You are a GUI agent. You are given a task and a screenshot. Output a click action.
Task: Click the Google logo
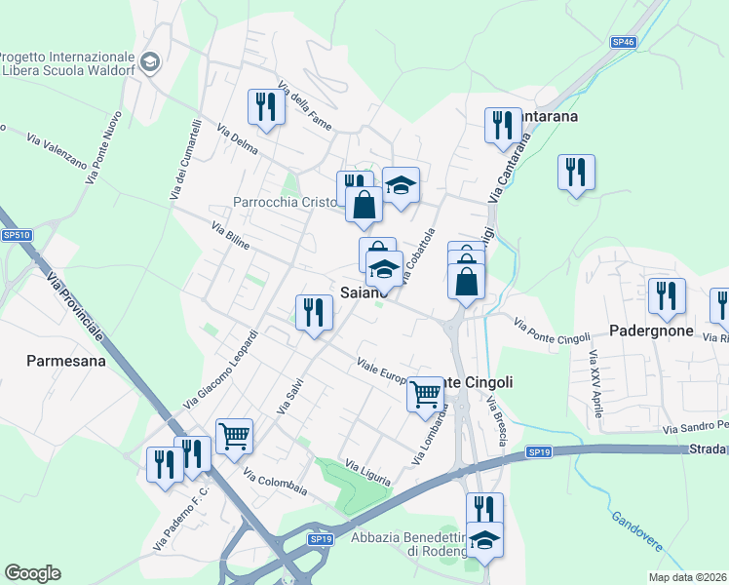click(32, 573)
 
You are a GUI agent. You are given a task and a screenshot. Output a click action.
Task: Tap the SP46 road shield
click(624, 42)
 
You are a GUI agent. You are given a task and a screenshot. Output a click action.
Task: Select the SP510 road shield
click(17, 235)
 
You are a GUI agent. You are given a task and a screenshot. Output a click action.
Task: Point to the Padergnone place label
click(650, 331)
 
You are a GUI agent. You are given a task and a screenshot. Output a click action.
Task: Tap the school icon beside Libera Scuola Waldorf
click(150, 63)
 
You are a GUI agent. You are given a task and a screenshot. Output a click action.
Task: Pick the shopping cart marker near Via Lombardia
click(425, 395)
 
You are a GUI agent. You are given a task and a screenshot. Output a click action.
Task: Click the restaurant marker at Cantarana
click(502, 125)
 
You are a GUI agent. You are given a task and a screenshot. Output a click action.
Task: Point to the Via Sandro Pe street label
click(695, 427)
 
